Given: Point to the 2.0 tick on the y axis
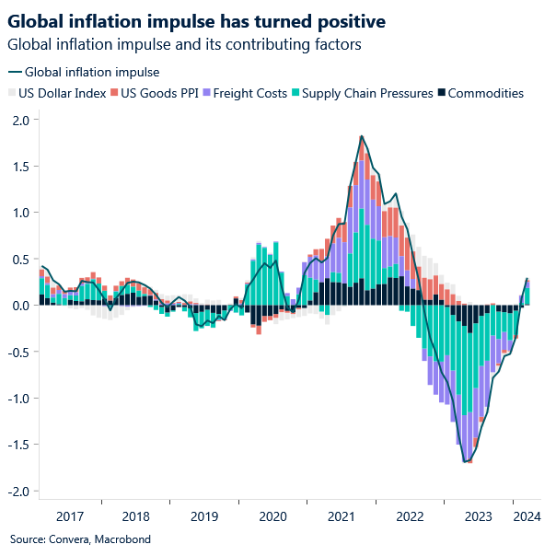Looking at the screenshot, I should (x=20, y=120).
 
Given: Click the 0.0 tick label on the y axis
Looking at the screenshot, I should (x=20, y=306).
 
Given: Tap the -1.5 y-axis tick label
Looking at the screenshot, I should (x=17, y=445).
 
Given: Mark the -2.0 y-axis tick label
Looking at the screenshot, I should (x=17, y=491).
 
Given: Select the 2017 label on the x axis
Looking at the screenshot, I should (x=69, y=516).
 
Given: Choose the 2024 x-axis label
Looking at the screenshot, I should (x=527, y=516).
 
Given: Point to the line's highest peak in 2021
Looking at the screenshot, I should (x=362, y=136).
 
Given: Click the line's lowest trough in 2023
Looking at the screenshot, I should (x=467, y=462).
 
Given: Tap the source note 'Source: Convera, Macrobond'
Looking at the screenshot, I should (x=79, y=539).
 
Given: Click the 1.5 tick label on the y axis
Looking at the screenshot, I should (x=20, y=167).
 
